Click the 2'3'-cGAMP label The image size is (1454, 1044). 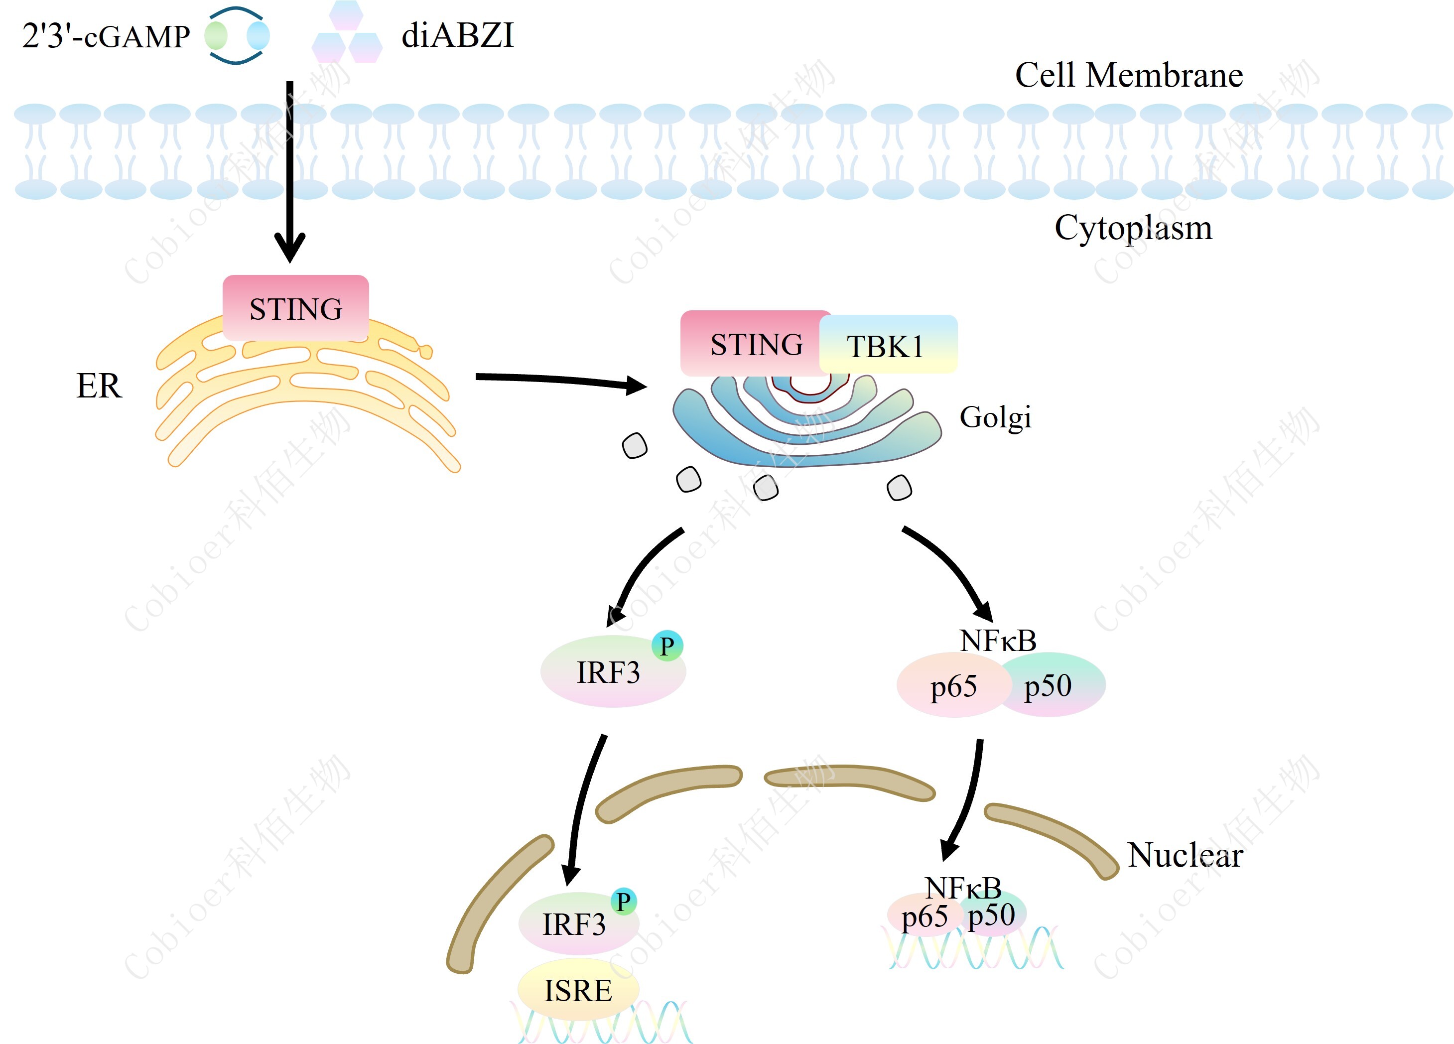coord(106,36)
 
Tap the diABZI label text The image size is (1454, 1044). coord(457,35)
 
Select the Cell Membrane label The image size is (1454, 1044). coord(1128,75)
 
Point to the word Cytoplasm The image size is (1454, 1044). coord(1133,228)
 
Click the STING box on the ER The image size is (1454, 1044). coord(295,308)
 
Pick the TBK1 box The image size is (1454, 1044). coord(887,346)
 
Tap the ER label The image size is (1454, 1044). coord(99,386)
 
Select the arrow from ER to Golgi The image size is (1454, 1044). coord(558,380)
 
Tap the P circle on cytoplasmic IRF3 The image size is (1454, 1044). coord(667,646)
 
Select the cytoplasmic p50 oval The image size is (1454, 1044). coord(1052,685)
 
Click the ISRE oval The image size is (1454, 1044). coord(578,990)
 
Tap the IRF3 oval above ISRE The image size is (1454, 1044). coord(573,924)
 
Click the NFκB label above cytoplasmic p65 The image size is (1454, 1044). coord(998,640)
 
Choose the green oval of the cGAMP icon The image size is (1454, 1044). coord(216,36)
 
